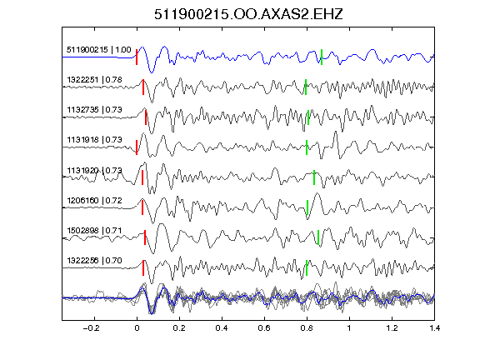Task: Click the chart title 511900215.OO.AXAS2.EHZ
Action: [x=248, y=14]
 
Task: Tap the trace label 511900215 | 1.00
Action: [x=98, y=50]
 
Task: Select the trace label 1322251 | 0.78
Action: [x=94, y=80]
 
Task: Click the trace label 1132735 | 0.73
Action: [x=94, y=110]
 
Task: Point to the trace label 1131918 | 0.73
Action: [x=94, y=140]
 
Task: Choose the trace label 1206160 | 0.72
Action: [x=94, y=201]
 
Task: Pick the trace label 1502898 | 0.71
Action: [x=94, y=230]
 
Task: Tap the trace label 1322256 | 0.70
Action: [x=94, y=261]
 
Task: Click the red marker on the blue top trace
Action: [x=137, y=57]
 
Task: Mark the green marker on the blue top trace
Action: [x=322, y=57]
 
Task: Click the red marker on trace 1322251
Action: [x=143, y=87]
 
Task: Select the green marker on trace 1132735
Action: [x=308, y=117]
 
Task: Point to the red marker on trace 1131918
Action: [x=137, y=147]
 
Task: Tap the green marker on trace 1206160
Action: [x=307, y=207]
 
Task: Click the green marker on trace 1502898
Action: [x=318, y=237]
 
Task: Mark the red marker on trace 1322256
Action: [x=143, y=267]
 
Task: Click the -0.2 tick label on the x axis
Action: [x=91, y=328]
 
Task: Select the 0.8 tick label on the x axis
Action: [x=307, y=328]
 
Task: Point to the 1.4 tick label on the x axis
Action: [x=434, y=328]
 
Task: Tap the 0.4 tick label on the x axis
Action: [x=222, y=328]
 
